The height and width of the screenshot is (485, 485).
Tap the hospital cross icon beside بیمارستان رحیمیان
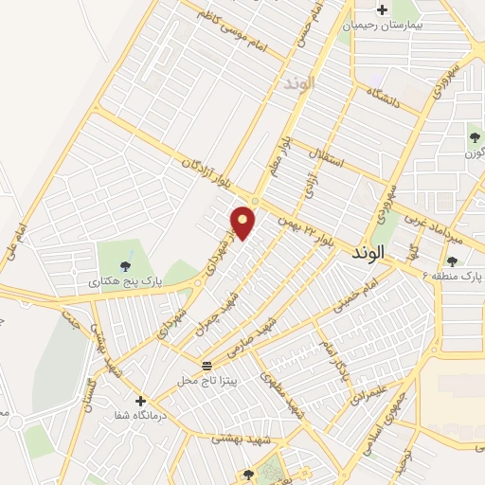tap(382, 10)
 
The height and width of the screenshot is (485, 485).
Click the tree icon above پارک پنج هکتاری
tap(126, 264)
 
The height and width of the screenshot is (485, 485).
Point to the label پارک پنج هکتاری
tap(127, 281)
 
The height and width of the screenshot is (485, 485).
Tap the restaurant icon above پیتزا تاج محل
tap(207, 366)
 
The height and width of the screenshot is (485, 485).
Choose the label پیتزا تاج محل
tap(207, 381)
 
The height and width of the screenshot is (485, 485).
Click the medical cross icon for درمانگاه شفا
tap(141, 401)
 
